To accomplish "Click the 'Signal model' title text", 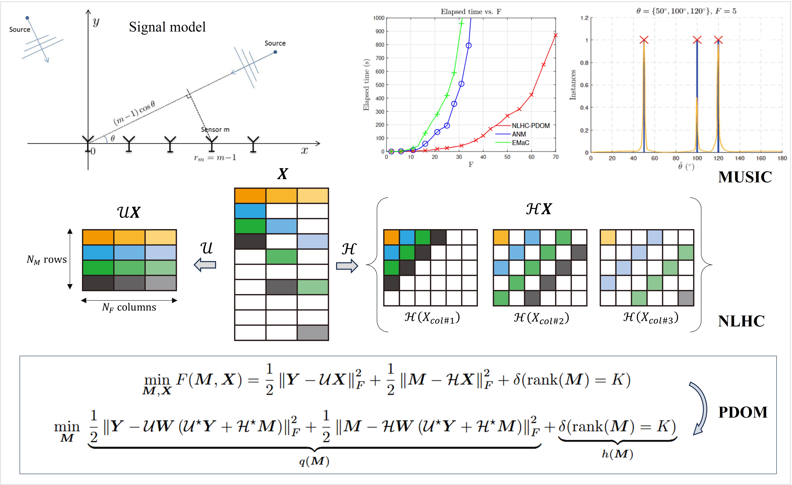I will [x=167, y=27].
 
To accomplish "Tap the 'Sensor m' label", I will [x=215, y=130].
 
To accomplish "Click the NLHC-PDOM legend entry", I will [x=530, y=126].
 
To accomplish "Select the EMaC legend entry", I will [x=520, y=143].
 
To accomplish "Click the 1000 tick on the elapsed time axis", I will [x=379, y=18].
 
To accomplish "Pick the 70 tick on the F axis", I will [x=555, y=157].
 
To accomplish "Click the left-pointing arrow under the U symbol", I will [x=205, y=265].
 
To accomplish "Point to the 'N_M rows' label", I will [x=47, y=260].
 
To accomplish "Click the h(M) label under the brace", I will [x=617, y=454].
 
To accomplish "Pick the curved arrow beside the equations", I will [x=700, y=408].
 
